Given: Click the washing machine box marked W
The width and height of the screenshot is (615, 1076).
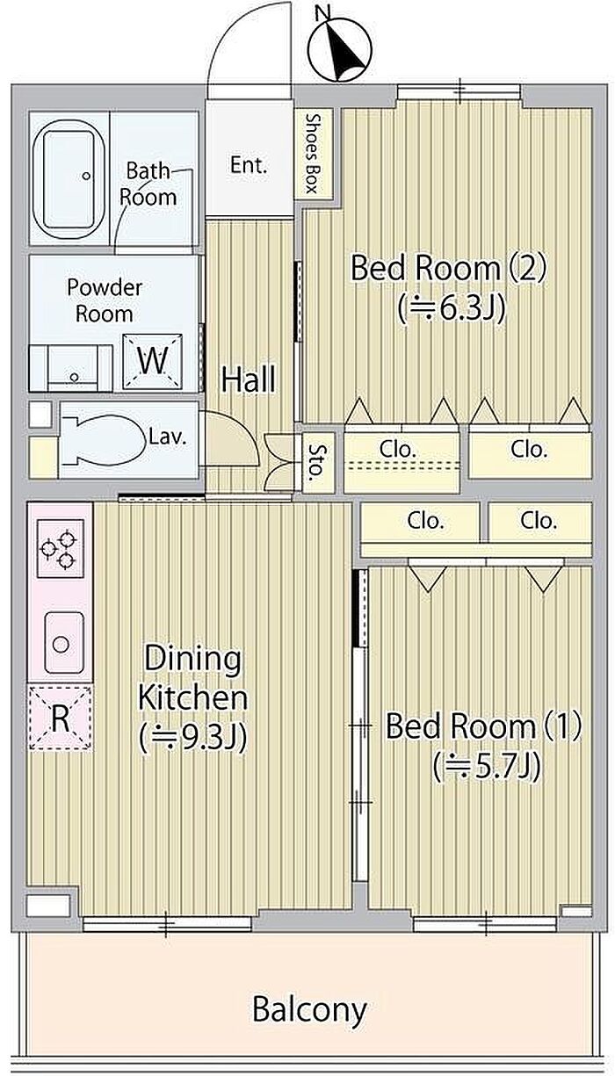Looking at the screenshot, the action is click(153, 361).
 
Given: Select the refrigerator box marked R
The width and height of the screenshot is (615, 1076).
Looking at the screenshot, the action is click(61, 718).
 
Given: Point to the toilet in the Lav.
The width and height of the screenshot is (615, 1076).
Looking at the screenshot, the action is click(105, 440).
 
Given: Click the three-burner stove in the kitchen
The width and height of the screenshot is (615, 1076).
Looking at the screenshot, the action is click(59, 547).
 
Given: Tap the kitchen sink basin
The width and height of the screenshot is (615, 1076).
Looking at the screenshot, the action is click(64, 643).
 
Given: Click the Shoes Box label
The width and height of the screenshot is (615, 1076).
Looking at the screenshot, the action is click(313, 153).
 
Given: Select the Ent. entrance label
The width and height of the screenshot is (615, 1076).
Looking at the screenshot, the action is click(248, 165).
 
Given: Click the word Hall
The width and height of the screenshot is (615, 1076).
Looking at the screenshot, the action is click(249, 379).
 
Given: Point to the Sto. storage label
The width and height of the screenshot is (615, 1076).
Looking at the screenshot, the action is click(315, 463).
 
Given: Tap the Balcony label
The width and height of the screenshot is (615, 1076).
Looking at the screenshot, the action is click(309, 1011).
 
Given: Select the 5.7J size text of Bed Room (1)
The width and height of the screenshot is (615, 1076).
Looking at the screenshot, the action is click(488, 767).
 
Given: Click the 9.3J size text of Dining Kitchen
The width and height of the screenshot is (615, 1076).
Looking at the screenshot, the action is click(193, 738).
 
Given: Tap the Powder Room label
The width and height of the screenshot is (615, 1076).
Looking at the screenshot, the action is click(105, 300).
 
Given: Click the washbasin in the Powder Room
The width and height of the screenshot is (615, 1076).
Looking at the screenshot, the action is click(74, 368).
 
